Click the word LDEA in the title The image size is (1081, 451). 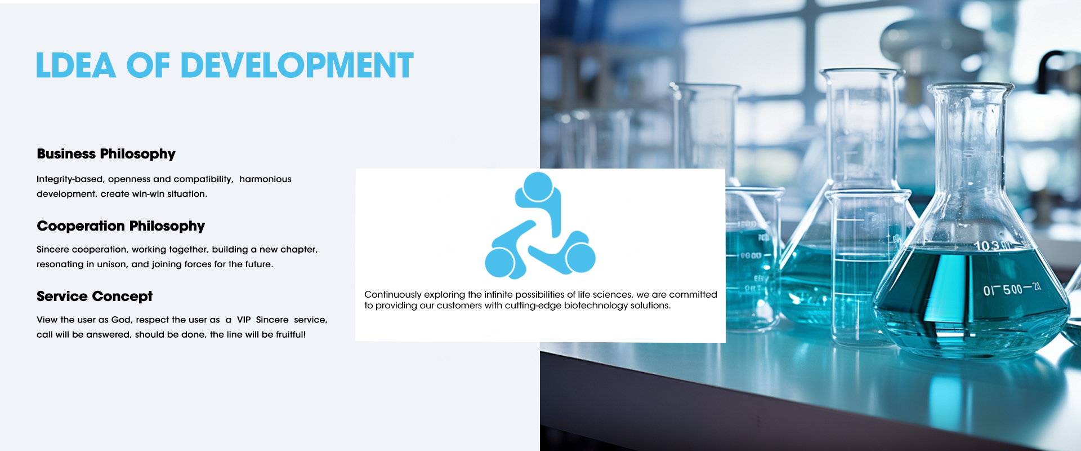pos(76,65)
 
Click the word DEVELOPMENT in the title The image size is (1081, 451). pos(297,65)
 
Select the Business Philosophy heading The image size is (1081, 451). pos(106,154)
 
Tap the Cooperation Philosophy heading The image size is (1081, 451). pos(120,227)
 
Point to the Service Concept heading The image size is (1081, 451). pos(95,297)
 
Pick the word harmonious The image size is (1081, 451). pos(265,179)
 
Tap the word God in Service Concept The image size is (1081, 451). pos(121,320)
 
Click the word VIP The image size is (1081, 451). pos(244,320)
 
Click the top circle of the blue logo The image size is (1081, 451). pos(538,187)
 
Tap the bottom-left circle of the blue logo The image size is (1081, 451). pos(500,263)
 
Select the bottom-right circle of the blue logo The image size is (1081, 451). pos(580,258)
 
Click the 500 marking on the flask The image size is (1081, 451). pos(1012,290)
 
